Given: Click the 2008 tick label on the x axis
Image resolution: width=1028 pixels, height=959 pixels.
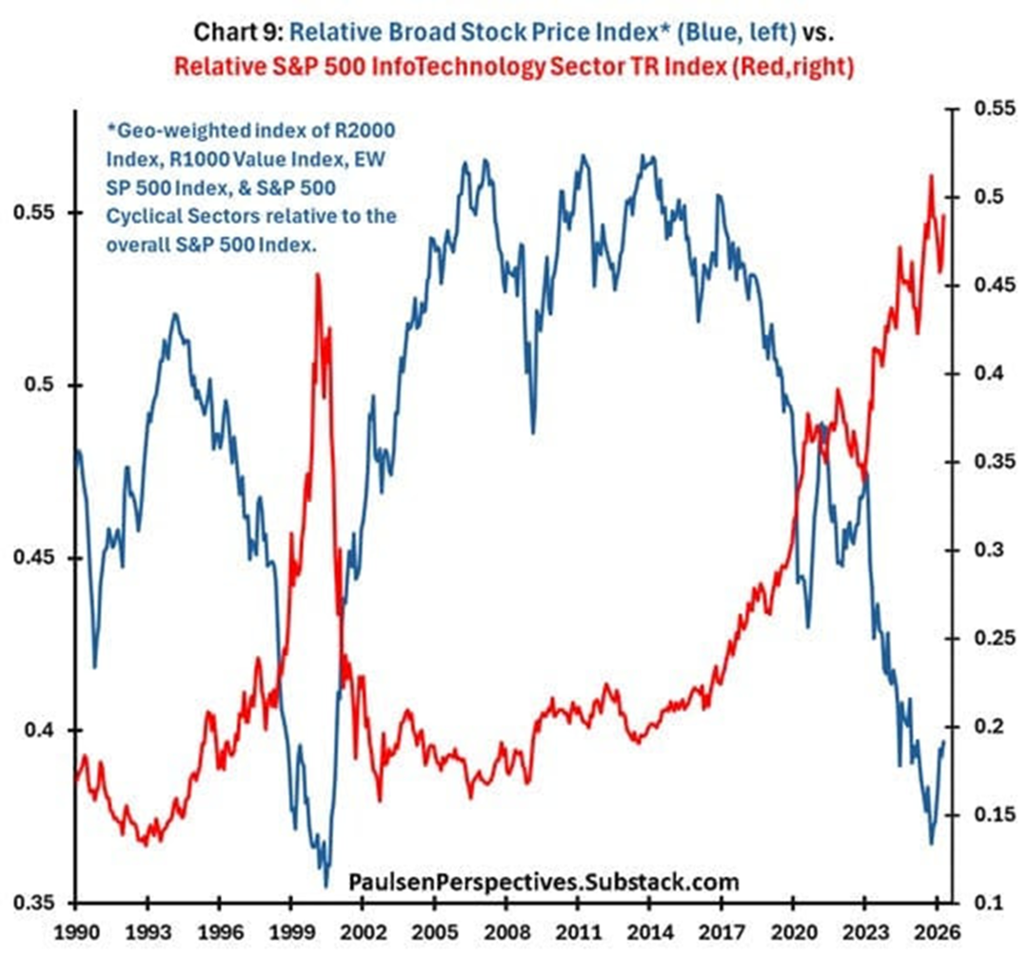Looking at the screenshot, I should [513, 930].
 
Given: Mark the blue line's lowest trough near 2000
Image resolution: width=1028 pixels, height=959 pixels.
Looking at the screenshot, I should [326, 887].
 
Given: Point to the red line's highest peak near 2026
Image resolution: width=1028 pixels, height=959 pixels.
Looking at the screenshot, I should [931, 175].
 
